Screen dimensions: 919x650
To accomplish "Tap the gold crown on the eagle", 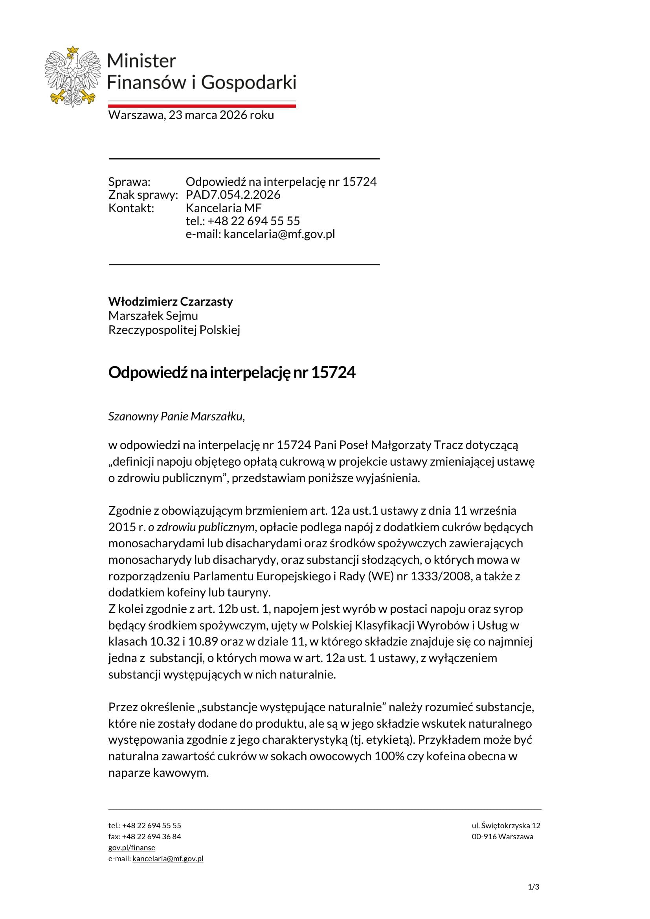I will pyautogui.click(x=72, y=50).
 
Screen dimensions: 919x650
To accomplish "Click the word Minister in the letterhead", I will pyautogui.click(x=142, y=61).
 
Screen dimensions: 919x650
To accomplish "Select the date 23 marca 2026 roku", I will pyautogui.click(x=221, y=115).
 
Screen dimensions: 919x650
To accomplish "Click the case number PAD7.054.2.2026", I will pyautogui.click(x=233, y=195).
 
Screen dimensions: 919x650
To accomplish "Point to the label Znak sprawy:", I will pyautogui.click(x=143, y=195).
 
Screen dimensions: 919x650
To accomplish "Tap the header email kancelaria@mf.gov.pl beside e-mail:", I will pyautogui.click(x=279, y=234).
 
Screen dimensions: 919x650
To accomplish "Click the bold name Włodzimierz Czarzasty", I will pyautogui.click(x=171, y=301).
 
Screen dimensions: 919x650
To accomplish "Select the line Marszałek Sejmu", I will pyautogui.click(x=153, y=316).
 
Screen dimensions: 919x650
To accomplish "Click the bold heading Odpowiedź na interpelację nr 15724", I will pyautogui.click(x=232, y=372).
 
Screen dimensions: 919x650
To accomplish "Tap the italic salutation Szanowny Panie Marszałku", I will pyautogui.click(x=176, y=416).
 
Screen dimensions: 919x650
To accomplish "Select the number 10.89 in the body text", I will pyautogui.click(x=203, y=642).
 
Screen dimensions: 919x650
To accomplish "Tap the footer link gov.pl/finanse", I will pyautogui.click(x=132, y=847).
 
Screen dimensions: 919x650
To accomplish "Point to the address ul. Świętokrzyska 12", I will pyautogui.click(x=506, y=825).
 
